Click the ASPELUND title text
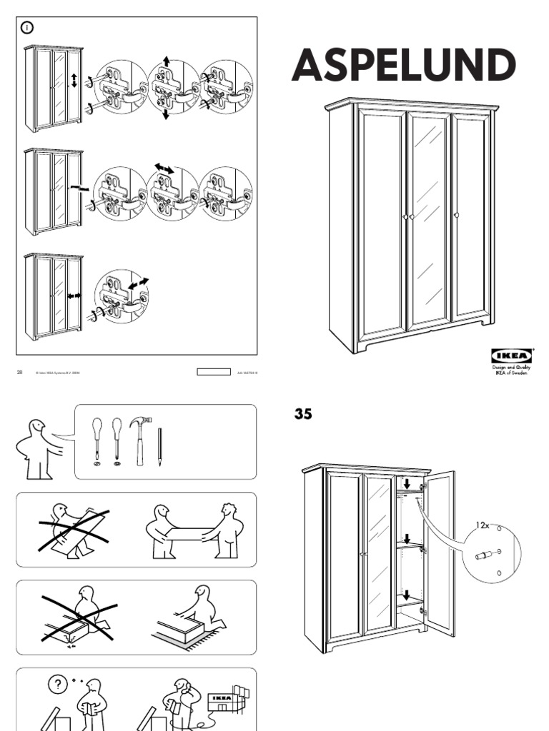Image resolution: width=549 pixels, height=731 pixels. [403, 66]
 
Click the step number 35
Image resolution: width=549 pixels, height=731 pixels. [303, 414]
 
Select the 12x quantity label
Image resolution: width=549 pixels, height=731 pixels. [484, 525]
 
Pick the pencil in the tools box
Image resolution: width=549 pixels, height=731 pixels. [159, 447]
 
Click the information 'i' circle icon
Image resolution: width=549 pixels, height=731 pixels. [28, 29]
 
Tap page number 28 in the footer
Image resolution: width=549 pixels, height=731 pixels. [20, 372]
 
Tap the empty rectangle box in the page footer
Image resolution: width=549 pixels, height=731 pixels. [213, 372]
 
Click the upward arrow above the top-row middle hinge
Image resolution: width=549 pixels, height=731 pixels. [166, 62]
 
